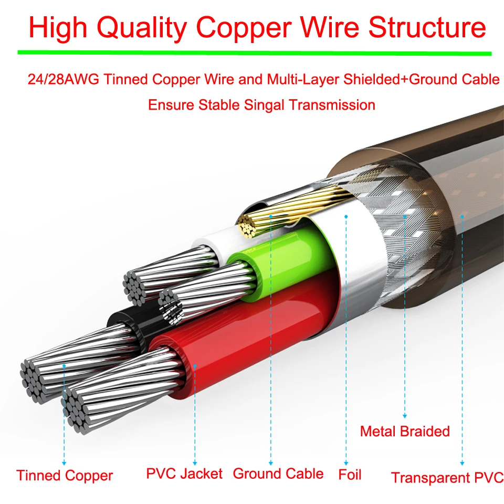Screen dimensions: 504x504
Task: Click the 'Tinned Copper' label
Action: click(65, 476)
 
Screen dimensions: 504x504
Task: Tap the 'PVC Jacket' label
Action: click(184, 474)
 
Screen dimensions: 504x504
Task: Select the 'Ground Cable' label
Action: click(278, 474)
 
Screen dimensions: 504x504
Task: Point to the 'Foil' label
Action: click(350, 475)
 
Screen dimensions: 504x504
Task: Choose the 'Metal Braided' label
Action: click(405, 432)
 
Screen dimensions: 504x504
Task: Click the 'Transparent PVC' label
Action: click(447, 477)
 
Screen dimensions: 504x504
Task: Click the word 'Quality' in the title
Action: click(142, 28)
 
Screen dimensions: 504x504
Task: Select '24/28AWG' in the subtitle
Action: click(64, 79)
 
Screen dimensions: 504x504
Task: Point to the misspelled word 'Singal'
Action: click(264, 105)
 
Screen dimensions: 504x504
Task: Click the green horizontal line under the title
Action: click(255, 52)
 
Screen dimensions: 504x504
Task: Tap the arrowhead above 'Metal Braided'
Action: click(405, 416)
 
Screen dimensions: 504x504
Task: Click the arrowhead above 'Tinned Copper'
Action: click(64, 463)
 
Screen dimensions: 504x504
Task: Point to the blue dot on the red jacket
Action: click(195, 366)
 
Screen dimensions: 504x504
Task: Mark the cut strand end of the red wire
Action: click(77, 410)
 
